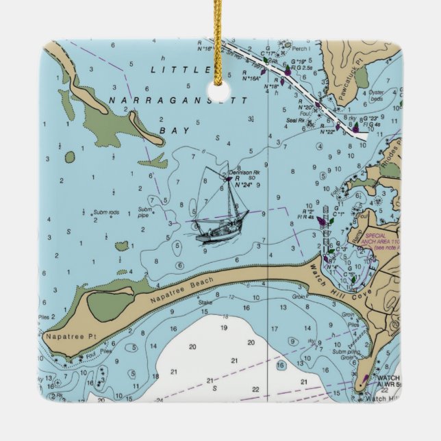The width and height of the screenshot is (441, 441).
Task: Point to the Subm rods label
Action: click(106, 212)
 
